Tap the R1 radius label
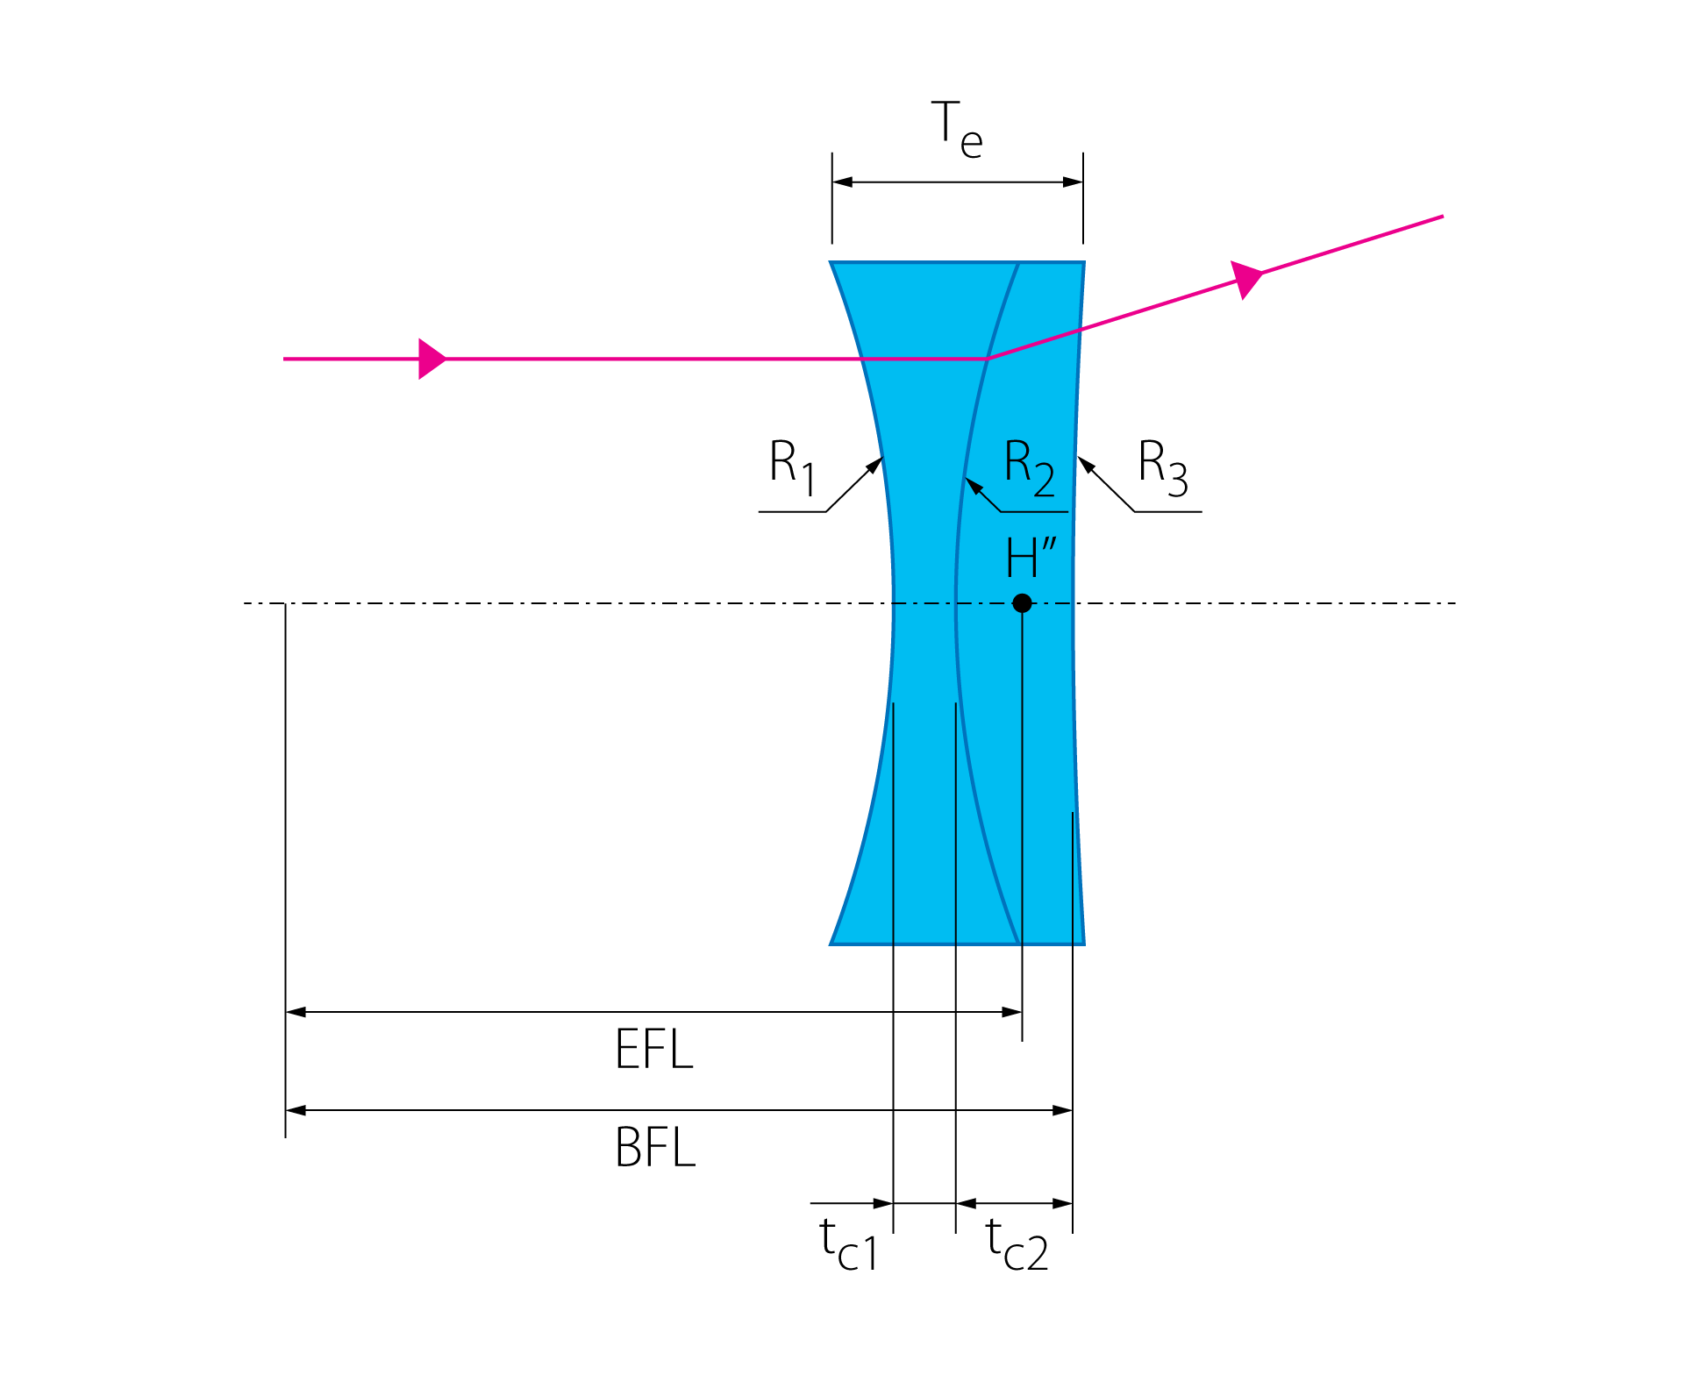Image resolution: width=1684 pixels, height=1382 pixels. [x=793, y=467]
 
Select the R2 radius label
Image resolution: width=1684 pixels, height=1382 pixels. [x=1030, y=467]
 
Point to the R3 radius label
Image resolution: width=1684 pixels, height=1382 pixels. [x=1163, y=467]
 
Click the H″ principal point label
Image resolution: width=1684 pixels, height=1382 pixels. [x=1031, y=558]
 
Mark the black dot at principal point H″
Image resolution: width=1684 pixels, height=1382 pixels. [x=1022, y=603]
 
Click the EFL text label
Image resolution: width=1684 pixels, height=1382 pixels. [x=654, y=1049]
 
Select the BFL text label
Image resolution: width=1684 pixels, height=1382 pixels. [x=655, y=1147]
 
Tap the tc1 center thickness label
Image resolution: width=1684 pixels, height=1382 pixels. [x=848, y=1243]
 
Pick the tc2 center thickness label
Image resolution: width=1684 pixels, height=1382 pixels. [x=1017, y=1243]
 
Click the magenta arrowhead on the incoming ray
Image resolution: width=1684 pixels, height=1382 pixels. [x=432, y=359]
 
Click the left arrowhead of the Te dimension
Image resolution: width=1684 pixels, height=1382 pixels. [x=842, y=182]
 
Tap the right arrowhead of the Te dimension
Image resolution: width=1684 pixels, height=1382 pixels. [x=1073, y=182]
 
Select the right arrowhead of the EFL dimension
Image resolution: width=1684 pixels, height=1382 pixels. [x=1012, y=1012]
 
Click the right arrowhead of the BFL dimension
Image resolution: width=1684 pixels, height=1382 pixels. [x=1062, y=1110]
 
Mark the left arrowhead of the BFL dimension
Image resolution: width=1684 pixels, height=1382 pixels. [x=296, y=1110]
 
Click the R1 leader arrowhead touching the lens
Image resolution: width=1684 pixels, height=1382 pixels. [x=875, y=465]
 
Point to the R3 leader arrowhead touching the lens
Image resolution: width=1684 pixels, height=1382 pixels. [x=1087, y=465]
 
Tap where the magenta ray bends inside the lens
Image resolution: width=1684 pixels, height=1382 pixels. [x=988, y=359]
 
